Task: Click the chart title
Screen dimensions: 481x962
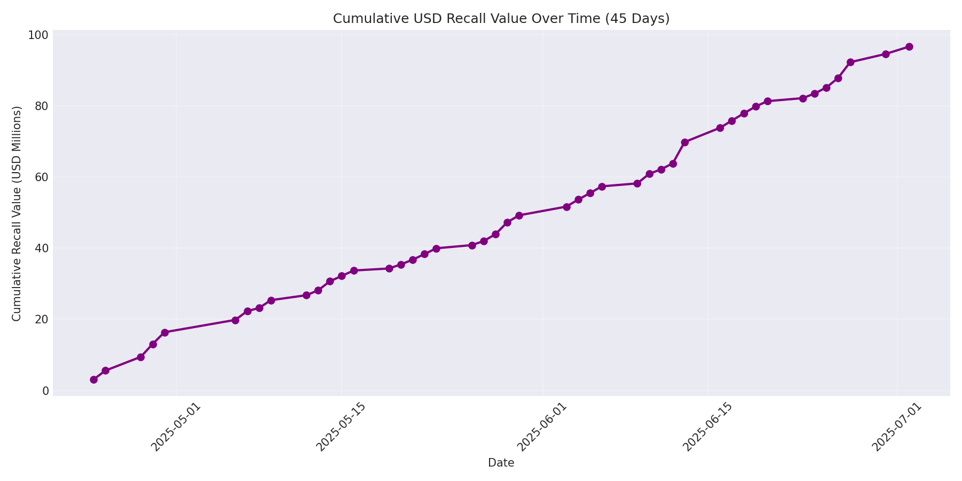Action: [501, 19]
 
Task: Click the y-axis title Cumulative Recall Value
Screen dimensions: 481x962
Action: [17, 213]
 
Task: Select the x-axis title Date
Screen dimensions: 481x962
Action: [501, 463]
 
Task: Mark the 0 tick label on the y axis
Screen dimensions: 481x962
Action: [45, 391]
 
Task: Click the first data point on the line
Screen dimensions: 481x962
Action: [94, 379]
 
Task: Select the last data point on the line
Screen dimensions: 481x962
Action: [909, 46]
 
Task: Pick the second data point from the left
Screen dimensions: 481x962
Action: [105, 370]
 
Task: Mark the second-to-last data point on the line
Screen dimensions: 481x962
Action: [886, 54]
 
